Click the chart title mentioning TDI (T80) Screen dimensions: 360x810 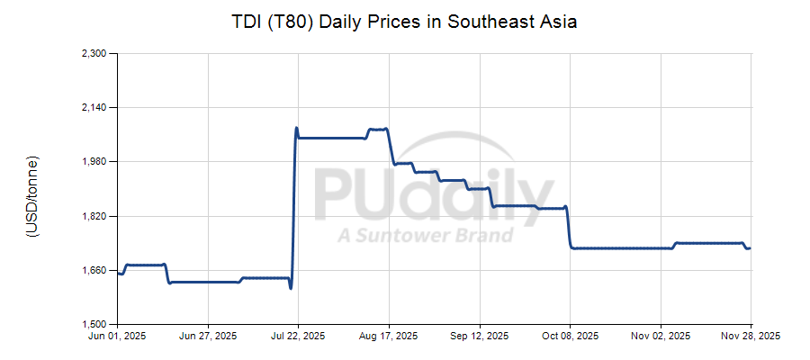[404, 21]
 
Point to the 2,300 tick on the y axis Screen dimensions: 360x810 [94, 54]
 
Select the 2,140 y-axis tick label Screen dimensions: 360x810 [94, 108]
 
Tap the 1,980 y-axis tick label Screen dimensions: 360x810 [94, 162]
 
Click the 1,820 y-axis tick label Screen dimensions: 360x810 [94, 217]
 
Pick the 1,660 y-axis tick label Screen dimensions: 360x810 [94, 271]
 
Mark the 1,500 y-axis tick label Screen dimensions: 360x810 [94, 325]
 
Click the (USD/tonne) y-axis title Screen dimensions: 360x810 [32, 196]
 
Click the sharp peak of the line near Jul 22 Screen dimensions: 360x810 [296, 128]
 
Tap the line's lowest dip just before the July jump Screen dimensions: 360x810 [291, 288]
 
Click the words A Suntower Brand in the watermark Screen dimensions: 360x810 [425, 236]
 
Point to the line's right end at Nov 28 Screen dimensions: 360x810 [750, 248]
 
